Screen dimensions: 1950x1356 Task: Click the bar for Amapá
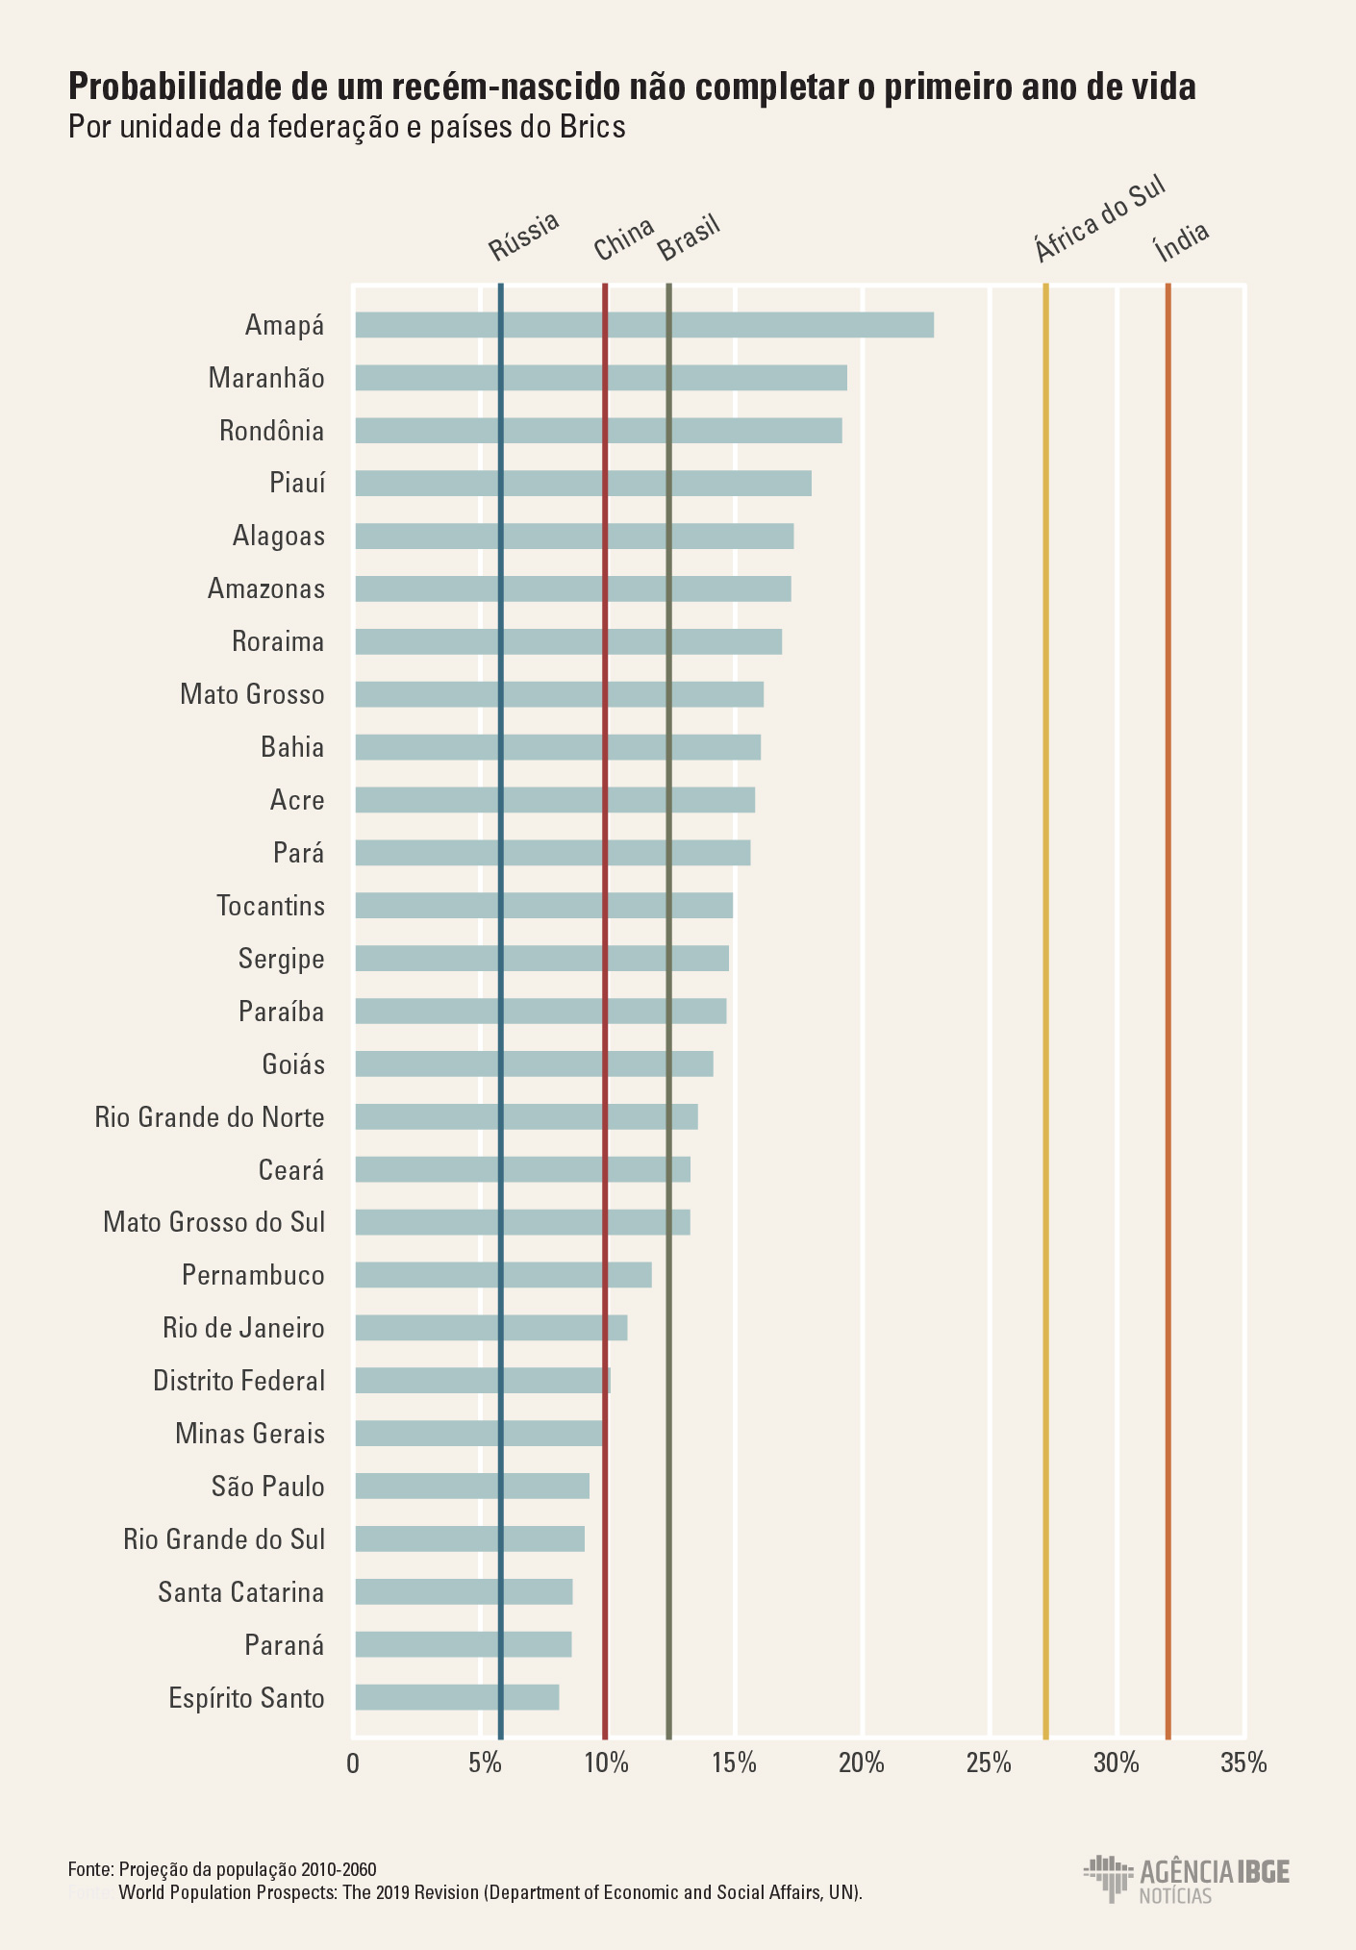point(644,325)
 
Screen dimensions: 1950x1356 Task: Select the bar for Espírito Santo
point(457,1697)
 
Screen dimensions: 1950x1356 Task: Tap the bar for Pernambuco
point(503,1275)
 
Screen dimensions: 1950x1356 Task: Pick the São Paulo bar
point(471,1486)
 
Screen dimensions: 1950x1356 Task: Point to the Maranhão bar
point(601,378)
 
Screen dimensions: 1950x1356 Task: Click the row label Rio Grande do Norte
point(210,1117)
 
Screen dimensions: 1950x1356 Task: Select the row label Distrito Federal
point(239,1381)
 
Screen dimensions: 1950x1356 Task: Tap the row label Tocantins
point(270,906)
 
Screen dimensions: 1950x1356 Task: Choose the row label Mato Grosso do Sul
point(213,1222)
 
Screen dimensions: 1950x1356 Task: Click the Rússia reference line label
point(523,237)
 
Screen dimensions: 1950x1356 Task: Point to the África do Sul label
point(1099,219)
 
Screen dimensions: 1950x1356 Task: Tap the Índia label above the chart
point(1181,241)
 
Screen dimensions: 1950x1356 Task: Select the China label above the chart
point(623,238)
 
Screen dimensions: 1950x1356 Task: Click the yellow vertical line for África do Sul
point(1045,962)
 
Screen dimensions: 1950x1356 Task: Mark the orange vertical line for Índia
point(1168,962)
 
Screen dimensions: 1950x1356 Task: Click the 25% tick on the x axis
point(989,1762)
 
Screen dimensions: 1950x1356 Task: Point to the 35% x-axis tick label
point(1243,1762)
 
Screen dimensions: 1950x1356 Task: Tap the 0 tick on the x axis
point(353,1762)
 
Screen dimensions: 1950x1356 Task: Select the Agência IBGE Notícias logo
point(1186,1879)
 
